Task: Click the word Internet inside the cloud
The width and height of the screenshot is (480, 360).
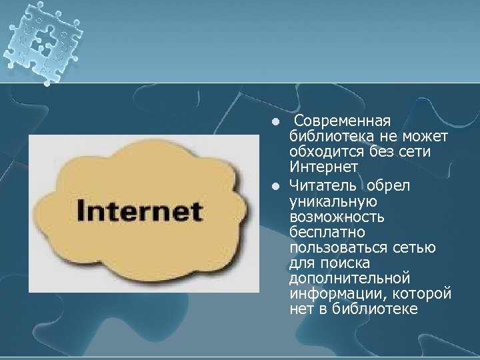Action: point(139,211)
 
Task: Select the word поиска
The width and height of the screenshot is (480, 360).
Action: point(336,263)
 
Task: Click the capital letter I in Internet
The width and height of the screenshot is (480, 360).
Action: point(81,211)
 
